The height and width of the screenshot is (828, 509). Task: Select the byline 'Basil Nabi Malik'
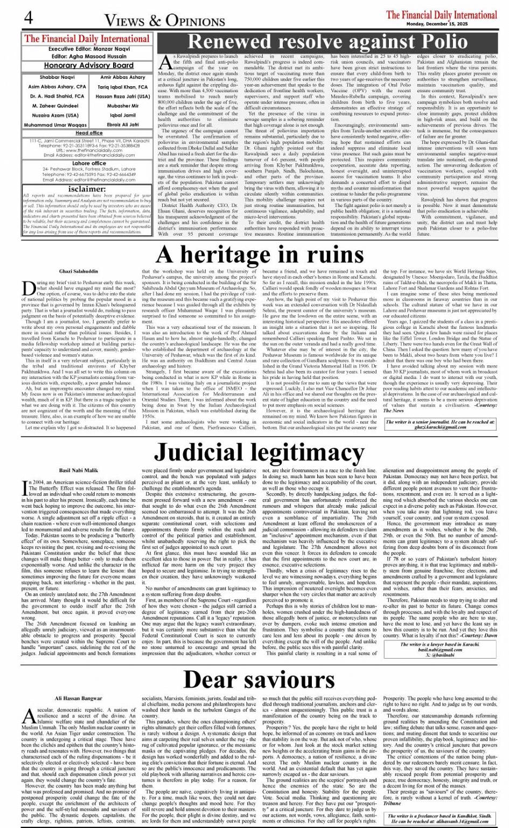pyautogui.click(x=79, y=471)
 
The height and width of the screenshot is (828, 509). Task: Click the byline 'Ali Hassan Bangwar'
pyautogui.click(x=79, y=699)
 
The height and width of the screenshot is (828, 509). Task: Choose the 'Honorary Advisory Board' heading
pyautogui.click(x=89, y=65)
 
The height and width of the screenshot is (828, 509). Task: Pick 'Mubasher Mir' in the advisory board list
pyautogui.click(x=123, y=106)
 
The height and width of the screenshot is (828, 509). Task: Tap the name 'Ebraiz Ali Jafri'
pyautogui.click(x=123, y=125)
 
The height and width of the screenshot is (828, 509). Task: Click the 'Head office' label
pyautogui.click(x=89, y=133)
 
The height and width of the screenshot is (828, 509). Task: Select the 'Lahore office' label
pyautogui.click(x=89, y=163)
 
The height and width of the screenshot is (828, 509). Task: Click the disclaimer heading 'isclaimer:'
pyautogui.click(x=89, y=189)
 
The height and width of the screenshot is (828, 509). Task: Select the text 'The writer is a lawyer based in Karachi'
pyautogui.click(x=440, y=644)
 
